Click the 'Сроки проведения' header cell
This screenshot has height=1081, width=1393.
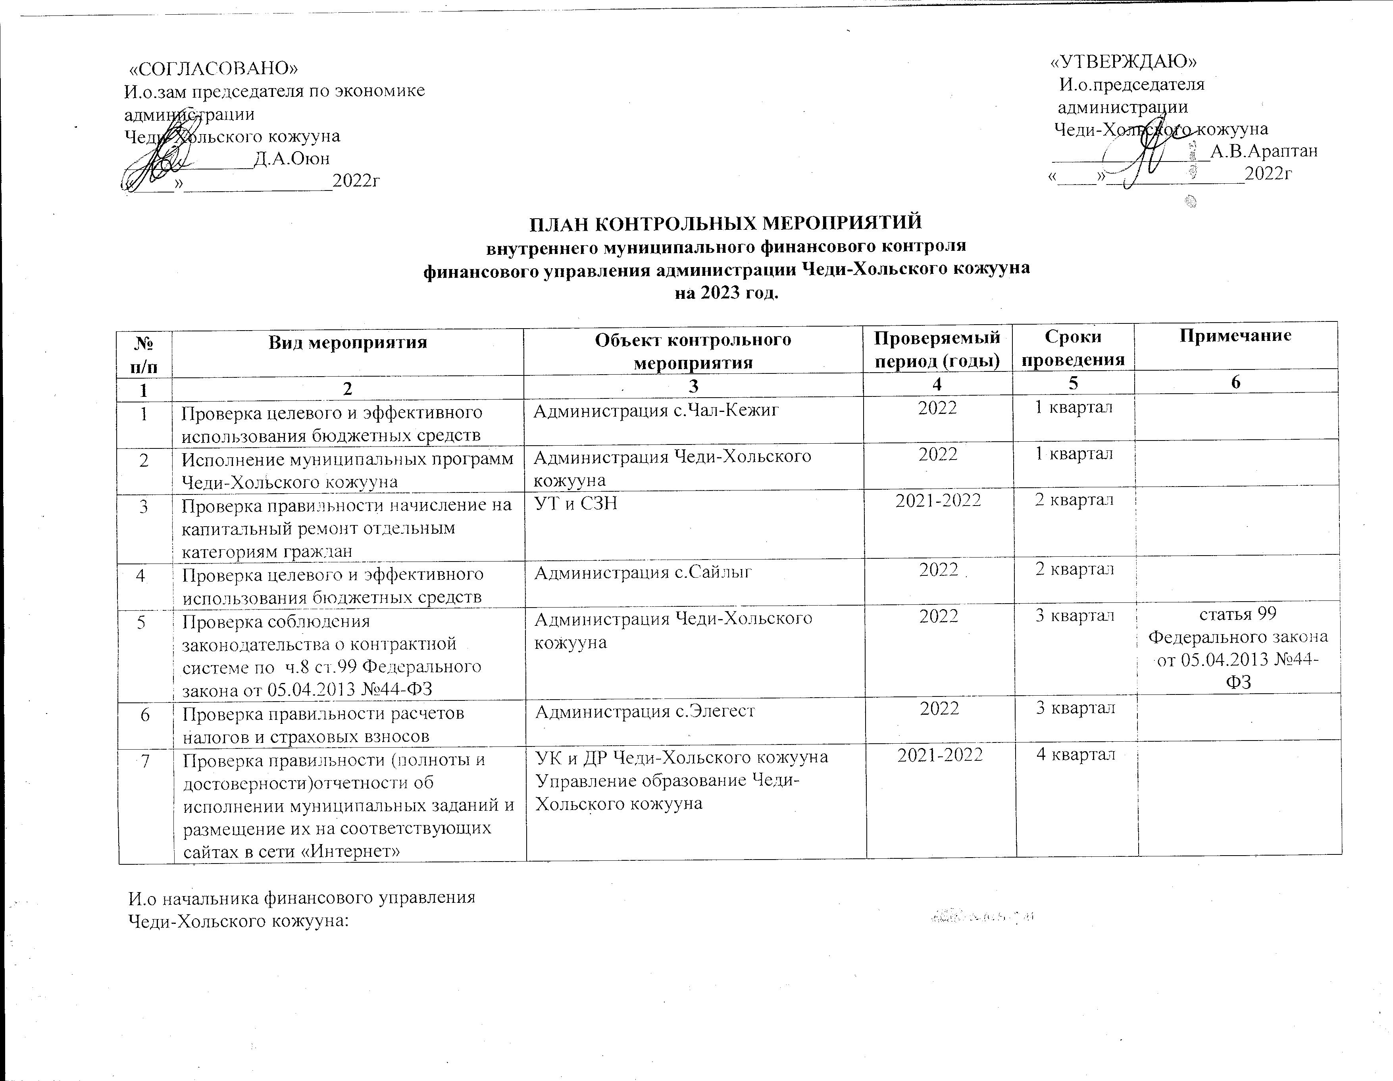tap(1074, 348)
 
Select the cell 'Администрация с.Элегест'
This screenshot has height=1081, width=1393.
tap(645, 710)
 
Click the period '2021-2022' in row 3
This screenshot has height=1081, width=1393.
tap(937, 501)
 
